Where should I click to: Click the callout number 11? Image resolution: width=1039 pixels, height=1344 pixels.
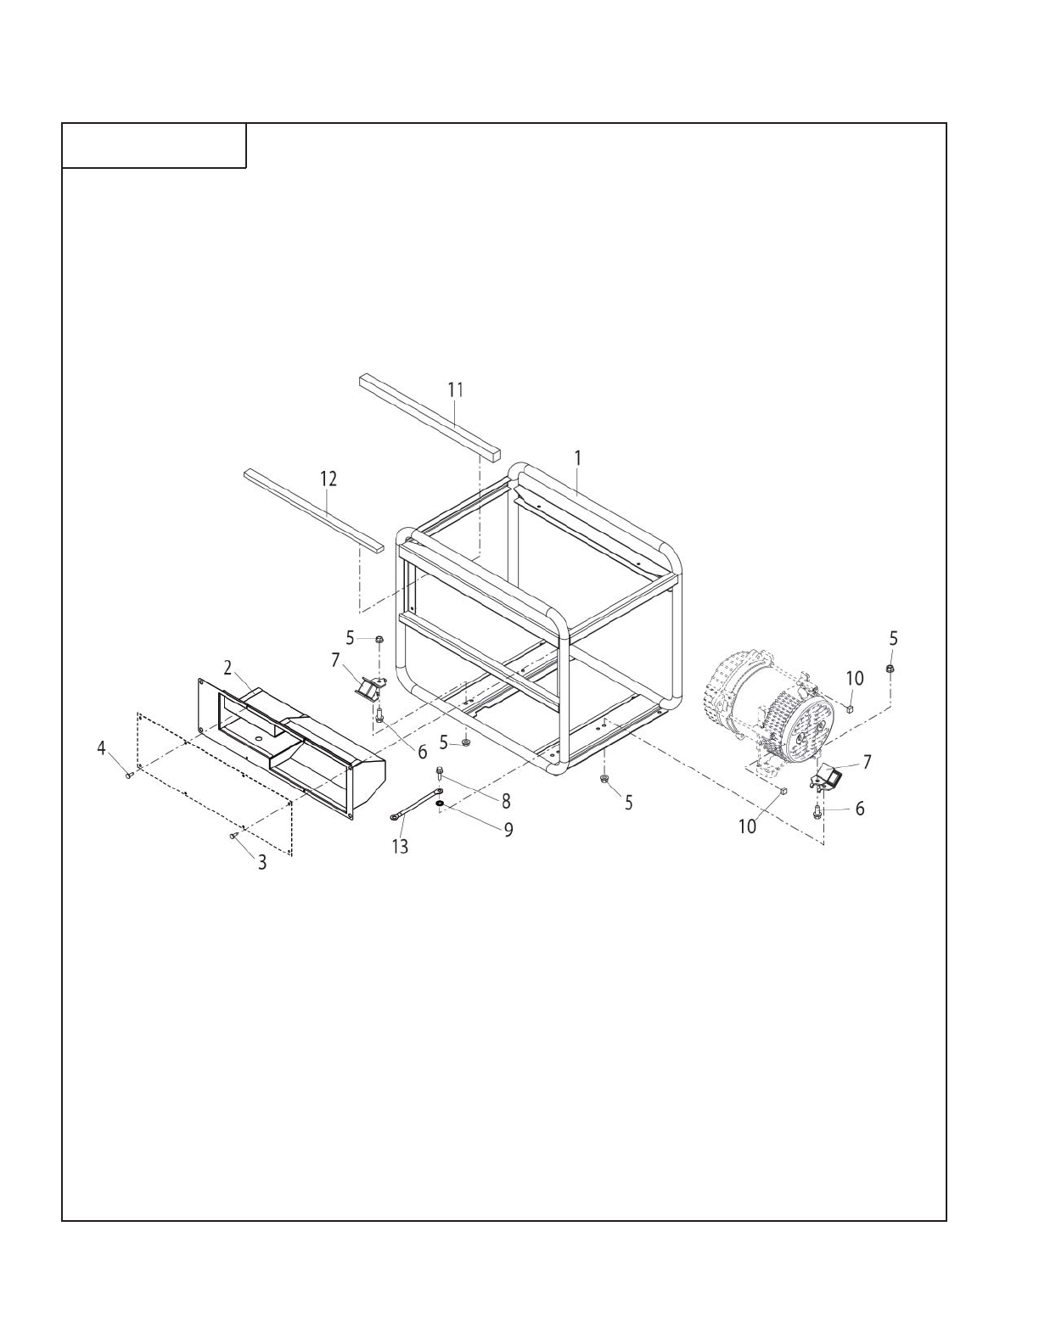click(x=456, y=389)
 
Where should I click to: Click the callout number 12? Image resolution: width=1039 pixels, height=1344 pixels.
click(x=329, y=479)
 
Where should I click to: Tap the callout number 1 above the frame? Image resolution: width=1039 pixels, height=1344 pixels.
click(x=577, y=458)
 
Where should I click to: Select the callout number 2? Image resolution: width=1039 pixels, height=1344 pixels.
click(x=227, y=668)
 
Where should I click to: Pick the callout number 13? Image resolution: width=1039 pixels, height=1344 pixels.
click(x=400, y=846)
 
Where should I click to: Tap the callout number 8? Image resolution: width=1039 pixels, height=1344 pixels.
click(x=506, y=801)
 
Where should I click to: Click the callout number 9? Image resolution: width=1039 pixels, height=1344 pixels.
click(x=508, y=829)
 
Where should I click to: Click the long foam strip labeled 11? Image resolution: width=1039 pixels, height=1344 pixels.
click(x=430, y=416)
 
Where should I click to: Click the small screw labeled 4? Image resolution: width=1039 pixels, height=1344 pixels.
click(x=129, y=774)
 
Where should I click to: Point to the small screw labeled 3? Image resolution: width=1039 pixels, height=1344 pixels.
click(x=233, y=837)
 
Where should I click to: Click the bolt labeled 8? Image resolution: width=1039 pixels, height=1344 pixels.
click(x=440, y=773)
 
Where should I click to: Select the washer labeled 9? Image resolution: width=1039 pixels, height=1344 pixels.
click(x=440, y=803)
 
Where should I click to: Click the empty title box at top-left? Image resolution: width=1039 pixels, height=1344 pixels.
click(x=154, y=145)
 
